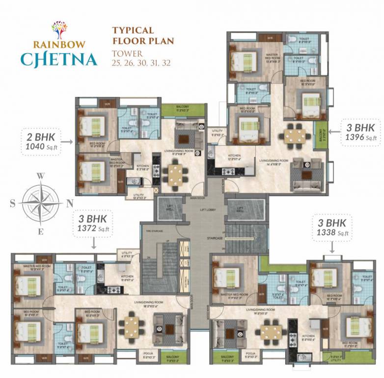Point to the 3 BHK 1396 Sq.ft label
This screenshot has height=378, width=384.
(361, 131)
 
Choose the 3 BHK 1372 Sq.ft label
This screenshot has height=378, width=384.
(94, 222)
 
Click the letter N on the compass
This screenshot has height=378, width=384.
(70, 202)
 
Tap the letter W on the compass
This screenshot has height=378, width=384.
(42, 176)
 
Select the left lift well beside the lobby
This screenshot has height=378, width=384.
(170, 209)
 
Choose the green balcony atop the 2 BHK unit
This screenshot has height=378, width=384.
(183, 110)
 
